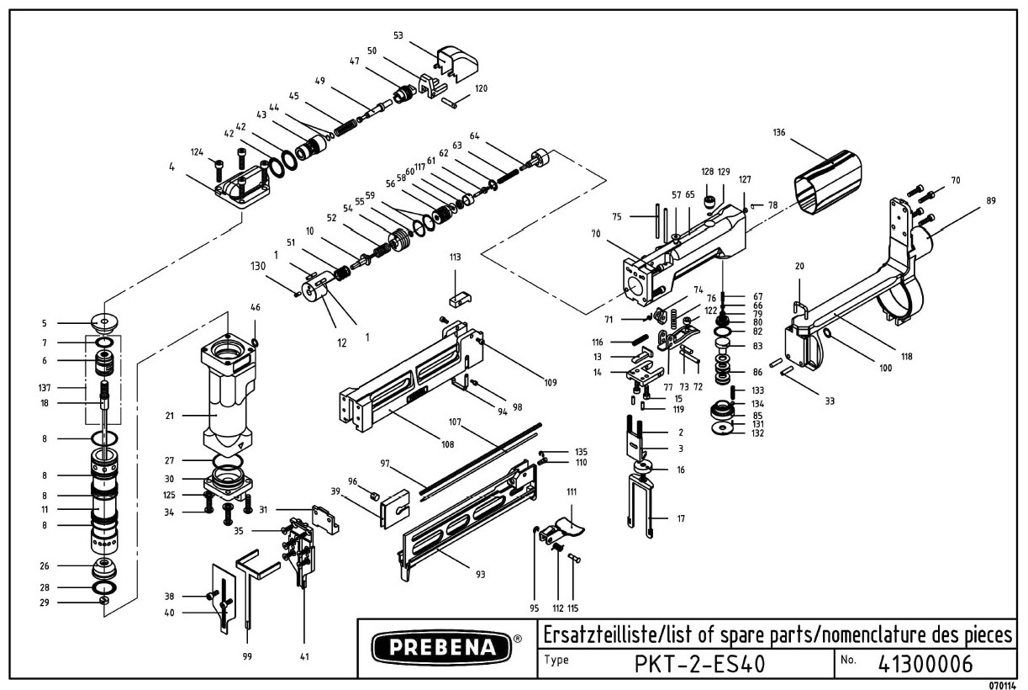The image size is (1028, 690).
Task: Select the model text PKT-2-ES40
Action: [699, 663]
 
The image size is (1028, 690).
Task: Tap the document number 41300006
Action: [925, 663]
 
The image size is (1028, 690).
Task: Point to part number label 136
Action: [781, 132]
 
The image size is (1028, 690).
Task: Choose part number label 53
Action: [398, 35]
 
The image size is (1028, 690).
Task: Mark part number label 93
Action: [481, 575]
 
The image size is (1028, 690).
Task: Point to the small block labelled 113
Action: [456, 295]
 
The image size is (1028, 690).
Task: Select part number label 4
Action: [171, 167]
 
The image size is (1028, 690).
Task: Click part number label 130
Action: [257, 267]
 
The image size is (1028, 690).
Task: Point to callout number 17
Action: [680, 518]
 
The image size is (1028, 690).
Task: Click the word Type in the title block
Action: [556, 659]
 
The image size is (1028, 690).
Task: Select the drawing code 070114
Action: [1005, 685]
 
